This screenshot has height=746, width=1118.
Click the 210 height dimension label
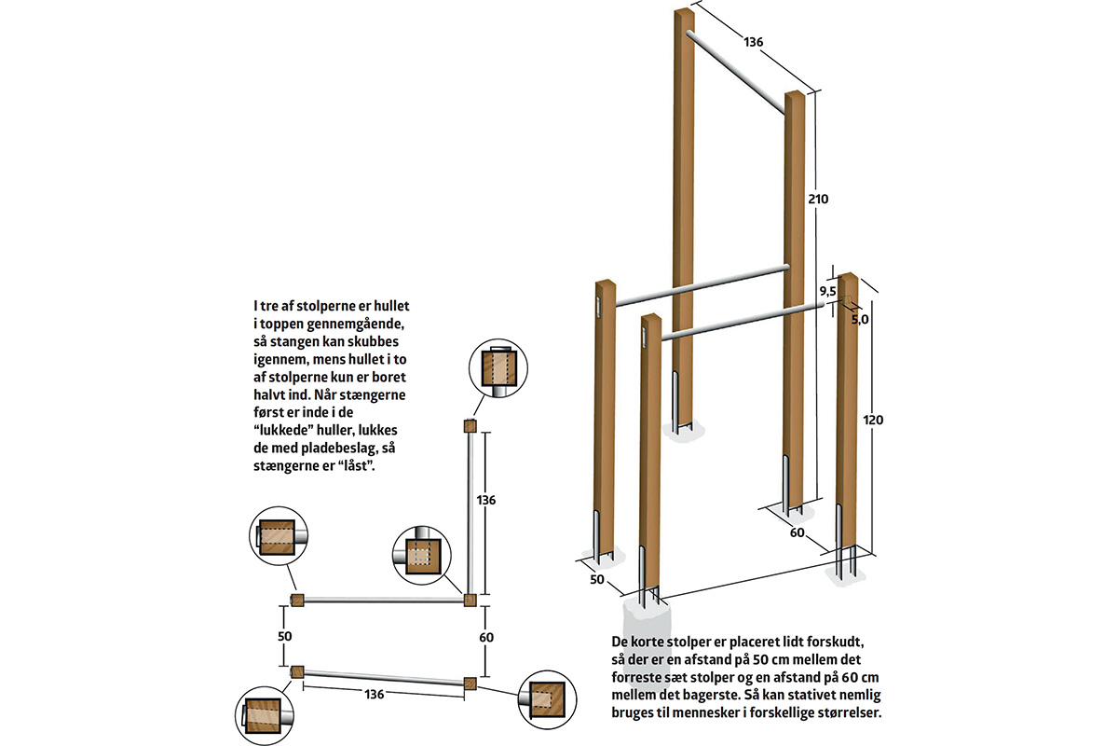(818, 199)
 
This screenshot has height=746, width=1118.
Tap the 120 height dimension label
(873, 420)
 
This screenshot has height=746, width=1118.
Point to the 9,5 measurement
(827, 291)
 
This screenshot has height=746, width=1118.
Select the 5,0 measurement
(859, 319)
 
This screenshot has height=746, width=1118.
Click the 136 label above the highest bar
(753, 42)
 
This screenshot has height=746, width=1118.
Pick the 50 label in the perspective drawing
(597, 580)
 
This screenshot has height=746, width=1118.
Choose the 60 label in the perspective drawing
(798, 532)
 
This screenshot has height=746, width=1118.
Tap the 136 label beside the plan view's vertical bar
(485, 500)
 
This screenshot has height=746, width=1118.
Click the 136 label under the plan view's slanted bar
(374, 695)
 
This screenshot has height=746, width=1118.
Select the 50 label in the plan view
(284, 637)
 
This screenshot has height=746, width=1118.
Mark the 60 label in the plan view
(486, 638)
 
